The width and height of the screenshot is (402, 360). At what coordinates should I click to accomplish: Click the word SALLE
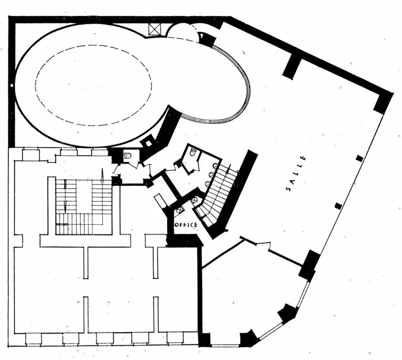pos(295,173)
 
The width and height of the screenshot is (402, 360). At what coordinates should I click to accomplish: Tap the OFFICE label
pos(185,225)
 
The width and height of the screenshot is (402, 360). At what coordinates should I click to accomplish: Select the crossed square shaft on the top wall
pos(155,29)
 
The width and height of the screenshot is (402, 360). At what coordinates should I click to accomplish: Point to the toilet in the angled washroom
pos(193,152)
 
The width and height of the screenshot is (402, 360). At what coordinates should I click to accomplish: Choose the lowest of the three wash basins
pos(207,183)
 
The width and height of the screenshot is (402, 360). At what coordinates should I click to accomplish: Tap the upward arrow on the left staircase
pos(102,175)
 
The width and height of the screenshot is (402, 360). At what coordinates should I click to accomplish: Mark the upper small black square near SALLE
pos(360,159)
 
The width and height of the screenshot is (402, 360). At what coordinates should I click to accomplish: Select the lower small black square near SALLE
pos(339,206)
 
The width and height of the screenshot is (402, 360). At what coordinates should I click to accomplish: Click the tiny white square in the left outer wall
pos(12,85)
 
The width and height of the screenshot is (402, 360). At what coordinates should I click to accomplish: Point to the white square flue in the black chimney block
pos(148,143)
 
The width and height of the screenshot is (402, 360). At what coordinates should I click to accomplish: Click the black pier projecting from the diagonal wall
pos(292,67)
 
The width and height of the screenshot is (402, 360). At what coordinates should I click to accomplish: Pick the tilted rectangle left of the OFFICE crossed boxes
pos(161,201)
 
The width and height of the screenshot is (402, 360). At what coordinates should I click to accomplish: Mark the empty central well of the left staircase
pos(84,196)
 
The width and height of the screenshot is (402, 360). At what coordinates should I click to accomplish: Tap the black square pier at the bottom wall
pos(205,339)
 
